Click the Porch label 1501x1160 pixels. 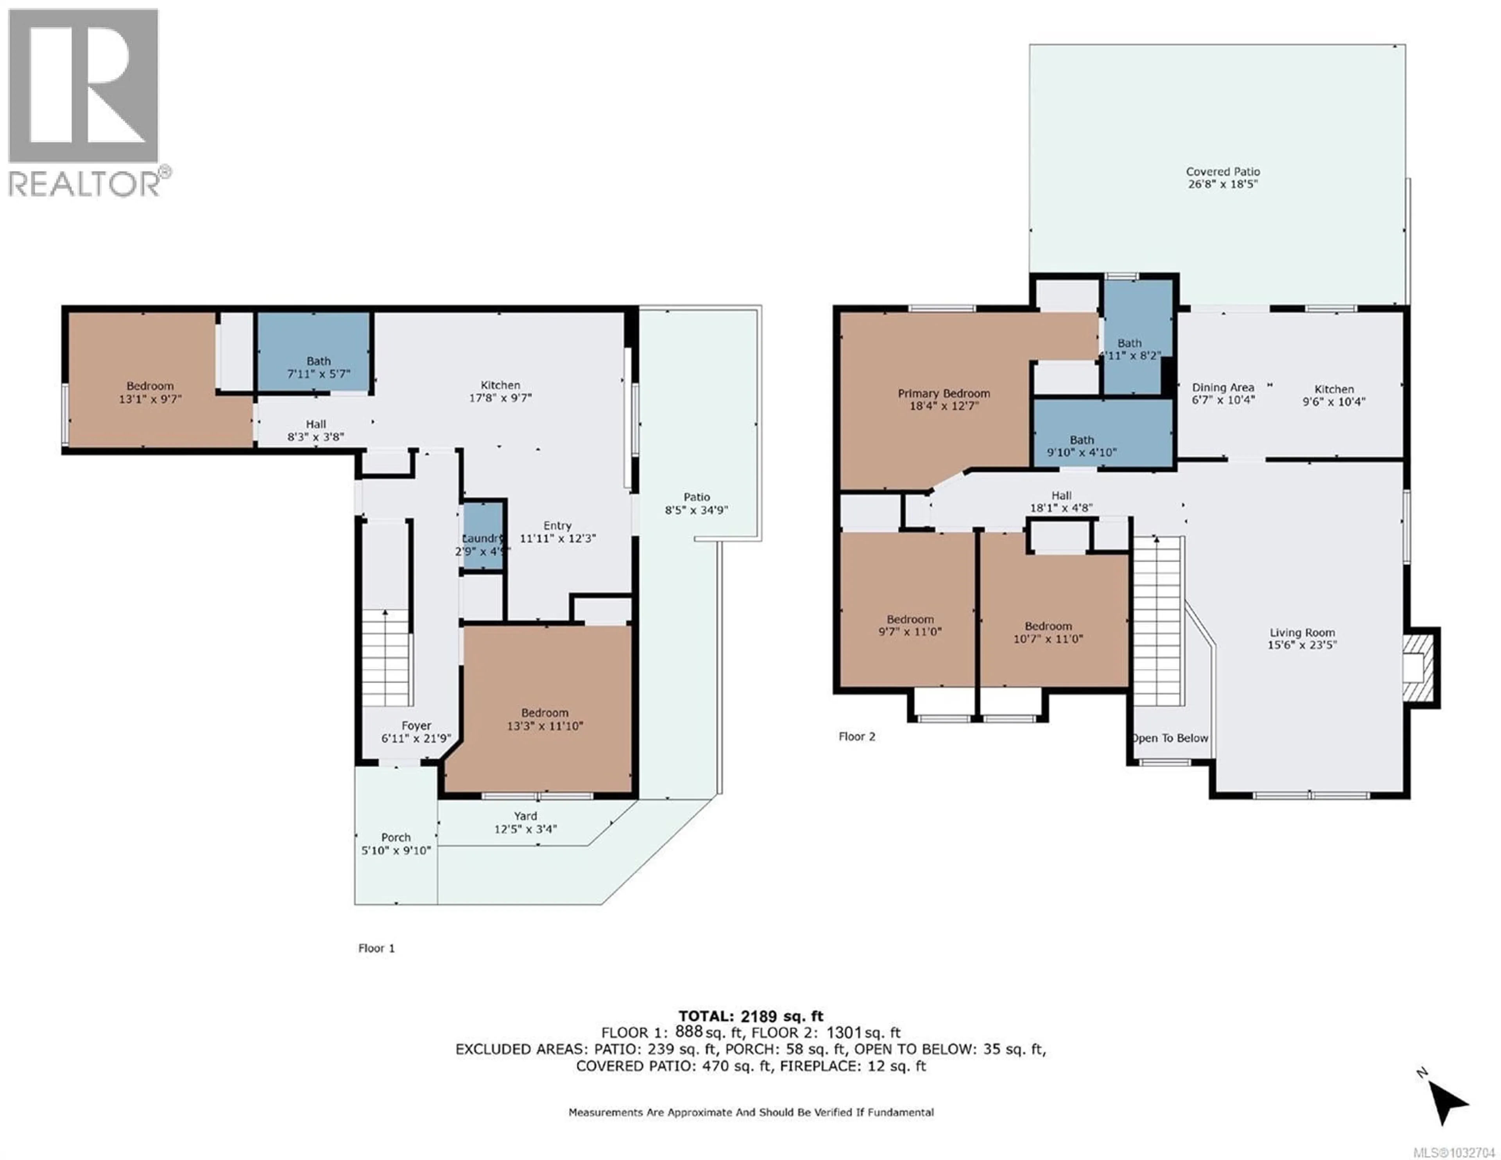[396, 837]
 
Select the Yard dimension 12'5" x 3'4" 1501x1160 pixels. [525, 829]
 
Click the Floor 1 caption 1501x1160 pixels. [376, 948]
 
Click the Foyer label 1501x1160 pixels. [416, 725]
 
